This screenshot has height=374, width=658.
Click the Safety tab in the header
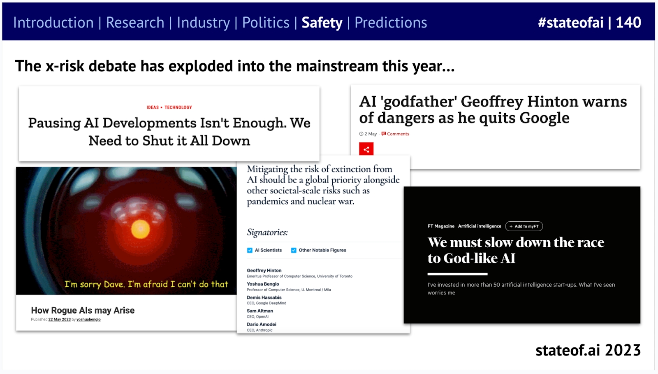coord(322,23)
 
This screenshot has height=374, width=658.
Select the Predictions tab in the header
coord(391,23)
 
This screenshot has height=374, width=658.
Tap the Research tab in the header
coord(135,23)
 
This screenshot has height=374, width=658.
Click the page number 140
coord(628,23)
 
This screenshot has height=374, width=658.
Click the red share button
coord(366,149)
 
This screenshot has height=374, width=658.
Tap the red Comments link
coord(398,134)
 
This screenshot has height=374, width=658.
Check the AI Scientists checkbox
coord(250,250)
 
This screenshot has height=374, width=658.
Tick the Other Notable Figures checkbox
coord(294,250)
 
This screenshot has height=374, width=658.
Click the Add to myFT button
coord(524,226)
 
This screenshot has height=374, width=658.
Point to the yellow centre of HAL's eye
coord(140,229)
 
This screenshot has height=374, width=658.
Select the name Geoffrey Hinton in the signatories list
coord(264,271)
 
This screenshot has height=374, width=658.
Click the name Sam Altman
coord(260,311)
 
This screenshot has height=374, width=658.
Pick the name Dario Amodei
coord(262,324)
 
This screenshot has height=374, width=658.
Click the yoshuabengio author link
coord(88,320)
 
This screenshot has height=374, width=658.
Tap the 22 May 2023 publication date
coord(60,320)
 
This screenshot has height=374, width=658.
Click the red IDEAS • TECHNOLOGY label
coord(169,107)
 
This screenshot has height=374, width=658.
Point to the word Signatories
coord(267,232)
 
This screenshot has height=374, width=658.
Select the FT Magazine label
coord(441,226)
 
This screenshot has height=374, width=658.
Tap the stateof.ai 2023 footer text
coord(588,350)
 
